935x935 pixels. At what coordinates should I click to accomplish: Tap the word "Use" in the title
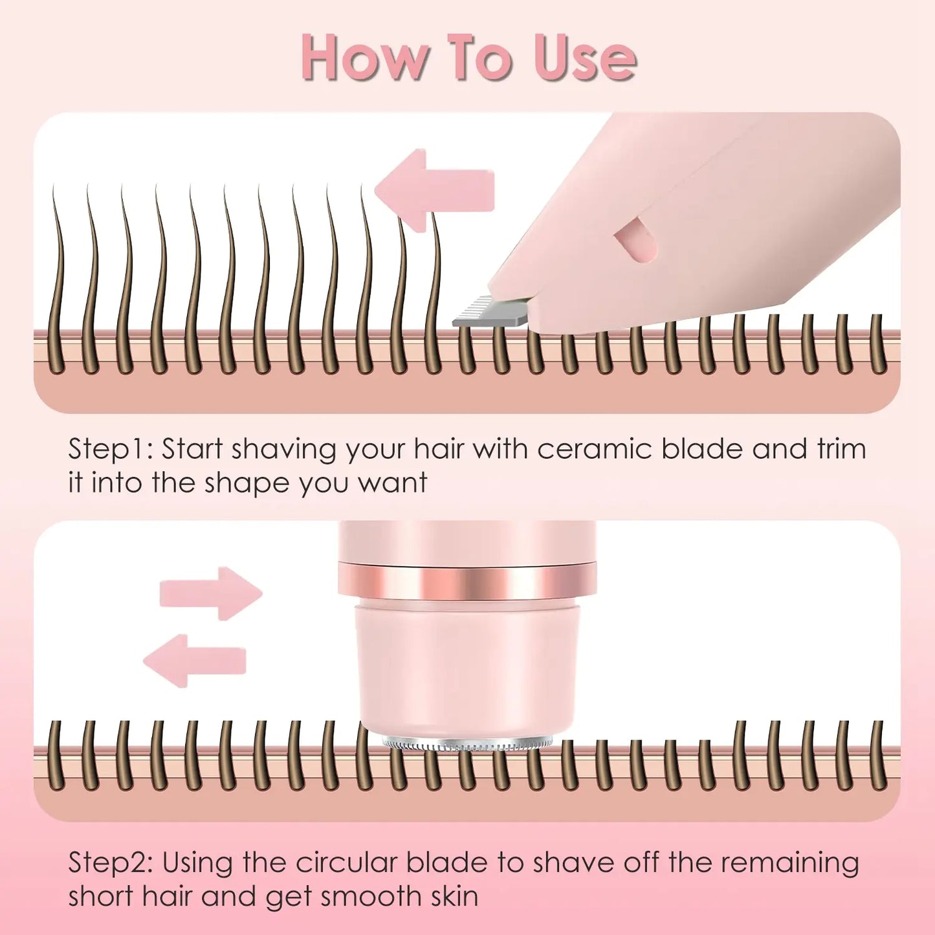pyautogui.click(x=585, y=59)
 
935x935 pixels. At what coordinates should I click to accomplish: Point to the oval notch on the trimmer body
pyautogui.click(x=635, y=239)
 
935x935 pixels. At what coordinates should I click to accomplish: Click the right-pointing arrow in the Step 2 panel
pyautogui.click(x=211, y=593)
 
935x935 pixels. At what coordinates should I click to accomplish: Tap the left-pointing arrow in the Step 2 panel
pyautogui.click(x=194, y=661)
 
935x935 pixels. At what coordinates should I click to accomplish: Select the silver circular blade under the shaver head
pyautogui.click(x=467, y=745)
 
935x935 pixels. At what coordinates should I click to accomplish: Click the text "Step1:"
pyautogui.click(x=111, y=450)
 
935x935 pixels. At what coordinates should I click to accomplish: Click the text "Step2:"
pyautogui.click(x=111, y=863)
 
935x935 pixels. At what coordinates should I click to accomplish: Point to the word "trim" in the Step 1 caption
pyautogui.click(x=841, y=450)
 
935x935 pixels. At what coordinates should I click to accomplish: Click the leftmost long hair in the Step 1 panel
pyautogui.click(x=58, y=278)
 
